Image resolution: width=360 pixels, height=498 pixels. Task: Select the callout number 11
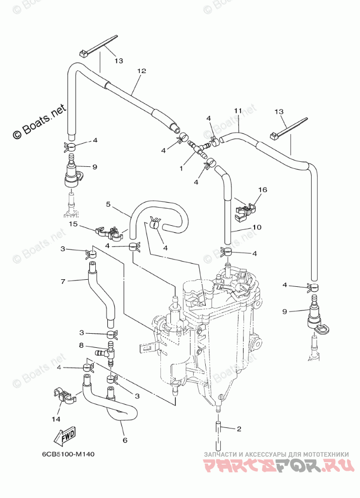(x=238, y=110)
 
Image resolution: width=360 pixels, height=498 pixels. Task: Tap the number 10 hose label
(x=257, y=227)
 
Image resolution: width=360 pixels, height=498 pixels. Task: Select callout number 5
(x=108, y=204)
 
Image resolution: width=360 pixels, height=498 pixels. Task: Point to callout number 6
(x=125, y=440)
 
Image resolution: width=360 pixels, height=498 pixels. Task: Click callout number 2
(x=239, y=429)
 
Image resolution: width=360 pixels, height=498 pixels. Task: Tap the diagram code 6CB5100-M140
(x=69, y=453)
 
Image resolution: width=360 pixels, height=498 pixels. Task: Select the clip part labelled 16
(x=245, y=210)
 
